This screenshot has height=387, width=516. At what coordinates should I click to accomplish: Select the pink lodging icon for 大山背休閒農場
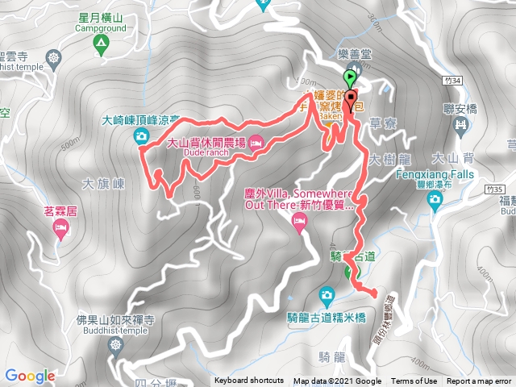tap(256, 144)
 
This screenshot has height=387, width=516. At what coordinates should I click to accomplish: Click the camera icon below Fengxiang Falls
tap(435, 199)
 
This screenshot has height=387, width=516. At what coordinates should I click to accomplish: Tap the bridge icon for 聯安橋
tap(460, 125)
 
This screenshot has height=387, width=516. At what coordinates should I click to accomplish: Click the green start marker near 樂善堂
tap(350, 79)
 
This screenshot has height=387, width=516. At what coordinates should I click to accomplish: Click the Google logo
tap(30, 376)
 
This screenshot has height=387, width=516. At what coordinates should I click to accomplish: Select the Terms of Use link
tap(414, 381)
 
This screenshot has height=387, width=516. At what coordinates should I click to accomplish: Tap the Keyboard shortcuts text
tap(248, 381)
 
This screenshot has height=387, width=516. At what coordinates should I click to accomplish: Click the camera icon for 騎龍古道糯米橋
tap(326, 293)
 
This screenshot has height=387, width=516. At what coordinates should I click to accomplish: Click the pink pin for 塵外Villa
tap(300, 227)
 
